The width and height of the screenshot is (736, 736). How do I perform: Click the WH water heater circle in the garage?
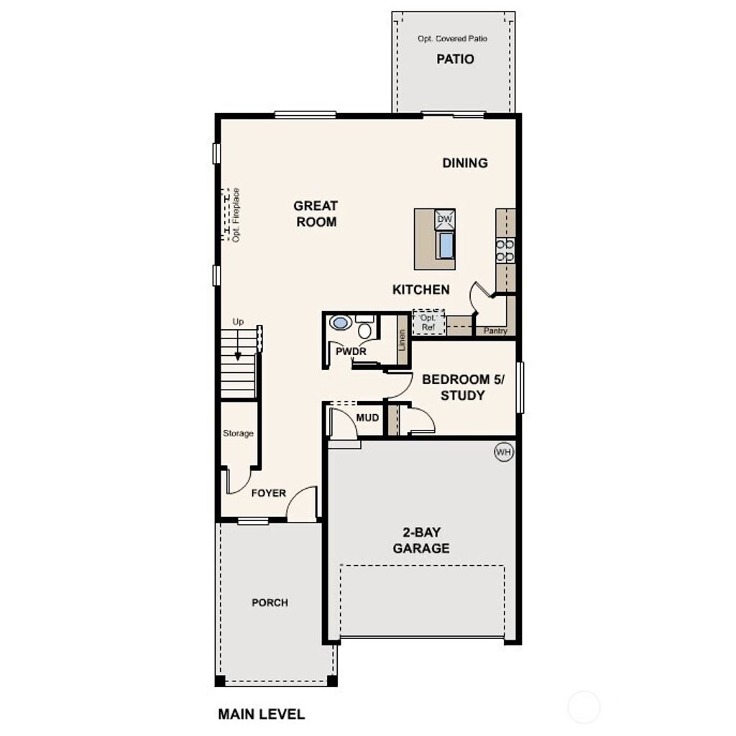point(504,452)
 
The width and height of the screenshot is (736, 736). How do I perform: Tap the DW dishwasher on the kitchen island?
point(445,219)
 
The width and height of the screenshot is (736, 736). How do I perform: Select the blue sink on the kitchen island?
point(446,245)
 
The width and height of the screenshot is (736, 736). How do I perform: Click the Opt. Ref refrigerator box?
point(429,322)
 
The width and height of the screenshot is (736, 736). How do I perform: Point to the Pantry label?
point(495,331)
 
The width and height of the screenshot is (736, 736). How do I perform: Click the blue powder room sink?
point(339,323)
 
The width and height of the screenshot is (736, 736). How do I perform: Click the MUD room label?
point(367,417)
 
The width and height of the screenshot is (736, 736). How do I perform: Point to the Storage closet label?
point(238,433)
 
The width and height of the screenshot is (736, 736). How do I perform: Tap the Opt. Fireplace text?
point(236,215)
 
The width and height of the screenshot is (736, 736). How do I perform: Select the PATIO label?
point(455,59)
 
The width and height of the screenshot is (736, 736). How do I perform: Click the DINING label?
point(465,163)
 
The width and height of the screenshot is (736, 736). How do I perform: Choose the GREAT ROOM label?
point(316,214)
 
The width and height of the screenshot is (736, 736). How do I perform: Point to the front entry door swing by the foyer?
point(303,505)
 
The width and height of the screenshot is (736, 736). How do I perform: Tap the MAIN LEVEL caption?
point(261,714)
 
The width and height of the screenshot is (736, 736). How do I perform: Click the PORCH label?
point(270,602)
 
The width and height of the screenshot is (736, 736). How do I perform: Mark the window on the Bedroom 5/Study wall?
point(520,387)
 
